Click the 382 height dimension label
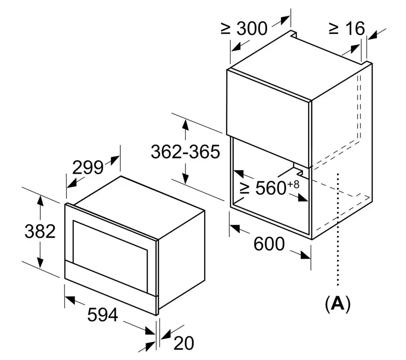40,231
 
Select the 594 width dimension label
103,315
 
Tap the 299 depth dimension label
88,168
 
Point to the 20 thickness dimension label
184,344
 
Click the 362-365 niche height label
185,152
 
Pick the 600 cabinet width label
269,244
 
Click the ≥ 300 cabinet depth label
244,28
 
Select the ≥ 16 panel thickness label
347,28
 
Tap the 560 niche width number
270,188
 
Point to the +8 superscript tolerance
293,184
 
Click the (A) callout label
338,303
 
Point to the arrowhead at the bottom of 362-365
185,178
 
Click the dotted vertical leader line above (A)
338,229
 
